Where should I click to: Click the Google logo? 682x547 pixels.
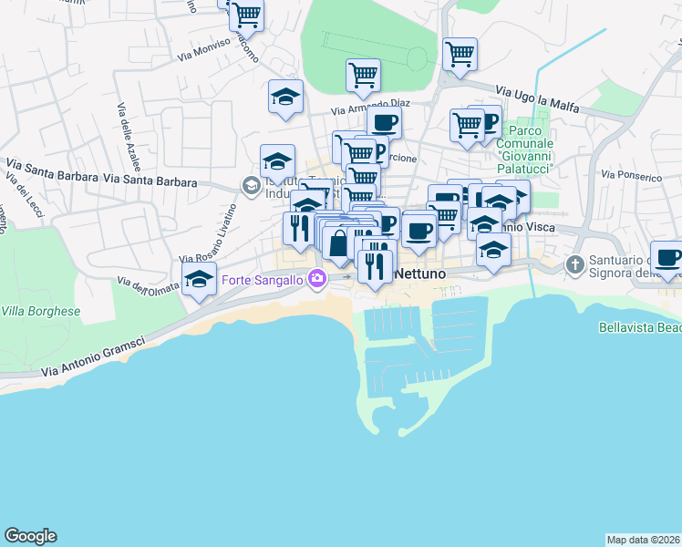pyautogui.click(x=30, y=536)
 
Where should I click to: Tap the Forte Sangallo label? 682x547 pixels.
pyautogui.click(x=263, y=279)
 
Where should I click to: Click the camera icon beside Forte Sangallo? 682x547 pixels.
pyautogui.click(x=317, y=279)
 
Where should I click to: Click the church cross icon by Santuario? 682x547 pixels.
pyautogui.click(x=574, y=266)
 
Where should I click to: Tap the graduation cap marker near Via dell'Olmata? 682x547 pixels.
pyautogui.click(x=199, y=281)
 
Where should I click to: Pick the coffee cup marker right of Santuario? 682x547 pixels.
pyautogui.click(x=667, y=258)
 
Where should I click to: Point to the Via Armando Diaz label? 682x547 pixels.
pyautogui.click(x=365, y=107)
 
